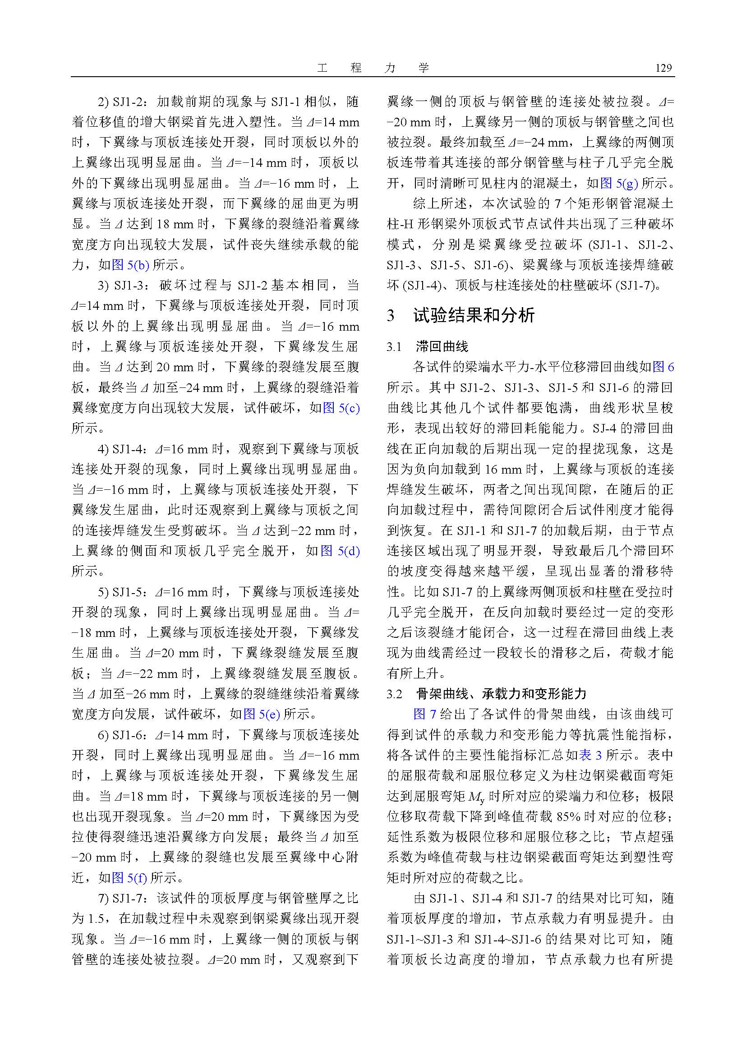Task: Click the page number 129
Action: [663, 69]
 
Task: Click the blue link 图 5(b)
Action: [130, 265]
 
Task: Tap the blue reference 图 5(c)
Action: [341, 408]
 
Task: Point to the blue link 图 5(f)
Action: [129, 878]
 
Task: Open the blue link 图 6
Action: [663, 367]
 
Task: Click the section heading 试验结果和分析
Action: [474, 316]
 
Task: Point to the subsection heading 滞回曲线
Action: [442, 346]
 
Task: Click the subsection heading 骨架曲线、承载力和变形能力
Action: [501, 694]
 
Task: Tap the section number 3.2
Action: [395, 694]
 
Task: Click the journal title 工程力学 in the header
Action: [373, 69]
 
